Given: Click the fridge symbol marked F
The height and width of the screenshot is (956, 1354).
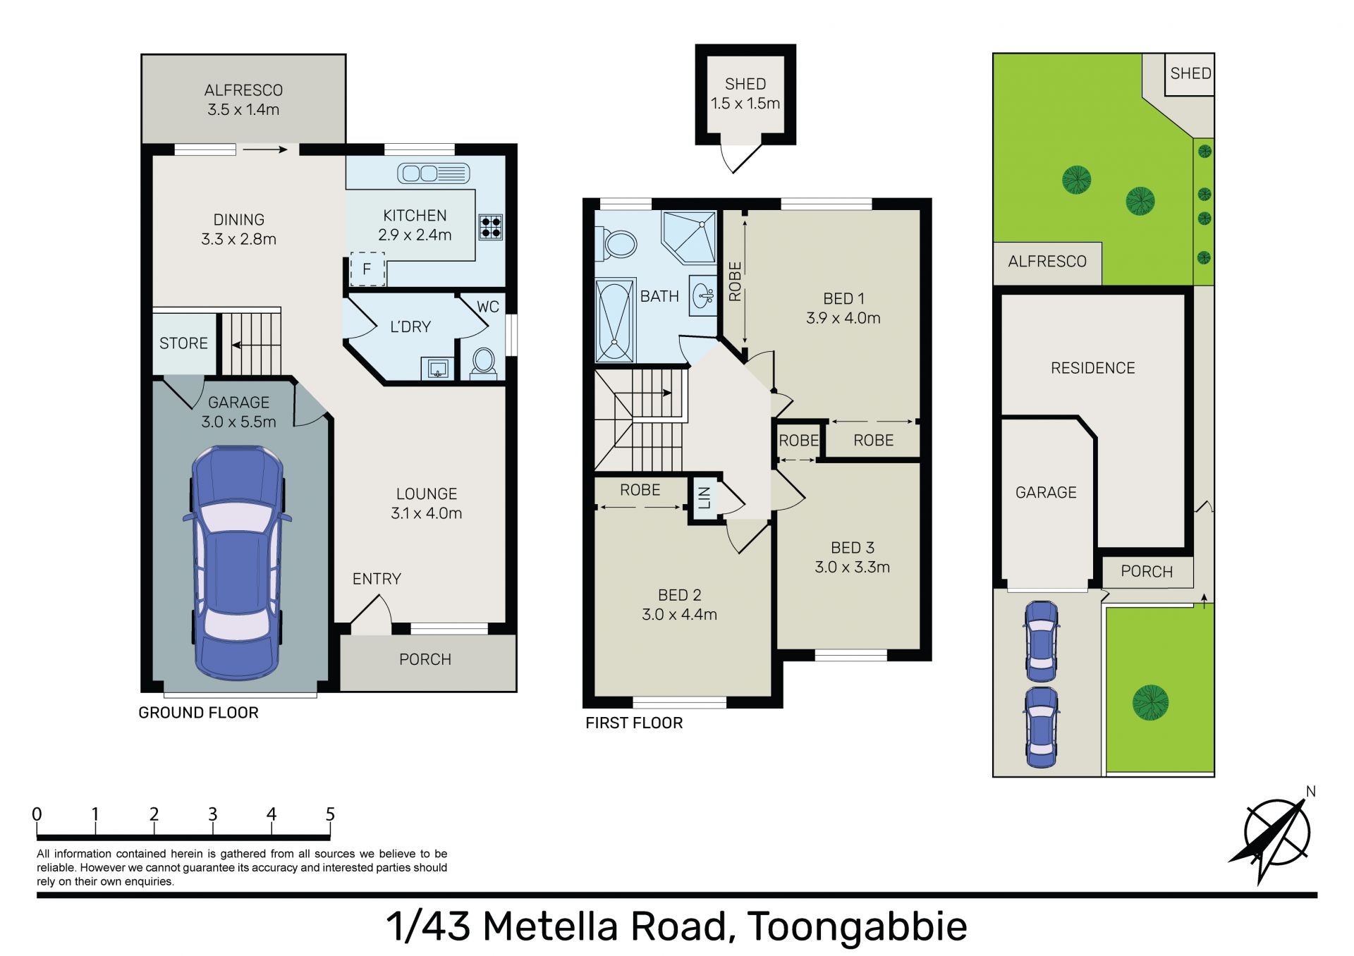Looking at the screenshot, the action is coord(367,269).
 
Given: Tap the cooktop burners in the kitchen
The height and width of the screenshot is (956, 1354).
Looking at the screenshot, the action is coord(491,227).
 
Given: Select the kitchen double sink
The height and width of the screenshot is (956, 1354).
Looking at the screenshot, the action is coord(434,173).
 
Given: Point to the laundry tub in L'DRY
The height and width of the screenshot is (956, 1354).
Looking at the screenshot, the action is coord(437,368).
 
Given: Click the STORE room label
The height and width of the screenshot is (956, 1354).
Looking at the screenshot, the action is coord(183,343).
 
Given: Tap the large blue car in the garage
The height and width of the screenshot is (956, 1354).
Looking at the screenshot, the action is coord(237,562).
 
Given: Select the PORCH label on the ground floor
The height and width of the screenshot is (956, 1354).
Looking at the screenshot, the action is coord(425,659).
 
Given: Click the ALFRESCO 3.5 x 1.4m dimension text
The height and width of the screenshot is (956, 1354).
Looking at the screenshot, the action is coord(243,109).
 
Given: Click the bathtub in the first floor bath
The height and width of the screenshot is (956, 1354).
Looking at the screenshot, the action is coord(615,321).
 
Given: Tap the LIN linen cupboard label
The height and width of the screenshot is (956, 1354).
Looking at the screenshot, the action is coord(704,498).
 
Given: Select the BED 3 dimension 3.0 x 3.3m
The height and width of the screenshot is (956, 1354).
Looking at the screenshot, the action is coord(852,567).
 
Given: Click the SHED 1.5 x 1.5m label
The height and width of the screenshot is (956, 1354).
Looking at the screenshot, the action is coord(745,94).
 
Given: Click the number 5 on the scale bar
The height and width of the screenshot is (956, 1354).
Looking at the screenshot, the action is coord(330,814).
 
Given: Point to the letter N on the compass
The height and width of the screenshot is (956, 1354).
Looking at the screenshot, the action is coord(1311,791).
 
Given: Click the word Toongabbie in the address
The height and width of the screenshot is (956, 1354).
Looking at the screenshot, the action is coord(857,927).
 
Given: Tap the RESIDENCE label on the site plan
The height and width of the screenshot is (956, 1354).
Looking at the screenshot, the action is coord(1093,368).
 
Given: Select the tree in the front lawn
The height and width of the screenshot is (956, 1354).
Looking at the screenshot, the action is coord(1150,703).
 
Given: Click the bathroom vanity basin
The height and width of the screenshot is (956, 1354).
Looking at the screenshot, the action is coord(703,295).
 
